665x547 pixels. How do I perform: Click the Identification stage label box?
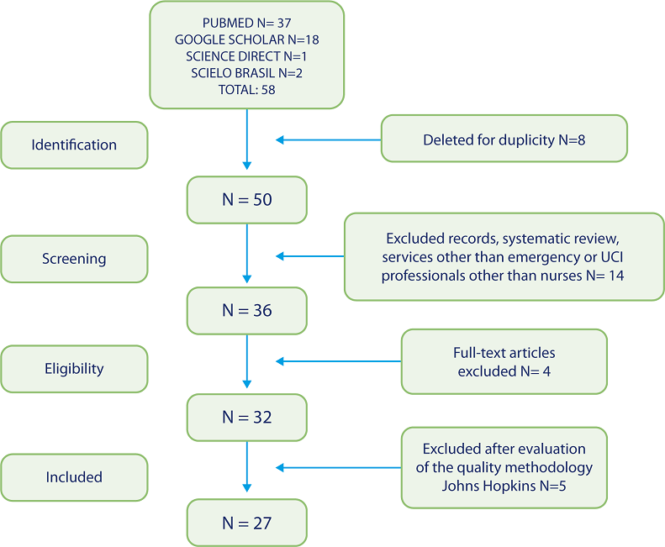(x=74, y=145)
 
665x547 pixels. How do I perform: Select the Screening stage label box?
(x=74, y=259)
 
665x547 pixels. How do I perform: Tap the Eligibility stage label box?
(x=74, y=368)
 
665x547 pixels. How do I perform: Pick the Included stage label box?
(x=74, y=476)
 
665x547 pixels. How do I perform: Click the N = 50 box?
(x=247, y=200)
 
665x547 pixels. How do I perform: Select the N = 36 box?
(x=247, y=310)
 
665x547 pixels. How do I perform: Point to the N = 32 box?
(x=247, y=417)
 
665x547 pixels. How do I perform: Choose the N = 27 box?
(x=247, y=523)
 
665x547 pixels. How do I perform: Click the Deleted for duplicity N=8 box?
(x=504, y=139)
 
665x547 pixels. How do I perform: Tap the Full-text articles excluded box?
(x=504, y=361)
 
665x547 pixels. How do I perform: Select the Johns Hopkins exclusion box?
(x=504, y=467)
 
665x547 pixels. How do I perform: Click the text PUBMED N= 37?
(x=247, y=24)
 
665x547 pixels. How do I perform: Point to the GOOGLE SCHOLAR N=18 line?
(x=247, y=39)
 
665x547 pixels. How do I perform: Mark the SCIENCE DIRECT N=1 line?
(x=247, y=55)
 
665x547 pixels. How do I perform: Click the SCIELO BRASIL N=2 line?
(x=247, y=71)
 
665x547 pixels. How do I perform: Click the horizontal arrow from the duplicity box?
(x=329, y=139)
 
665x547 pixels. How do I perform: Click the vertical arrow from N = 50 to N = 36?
(x=247, y=252)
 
